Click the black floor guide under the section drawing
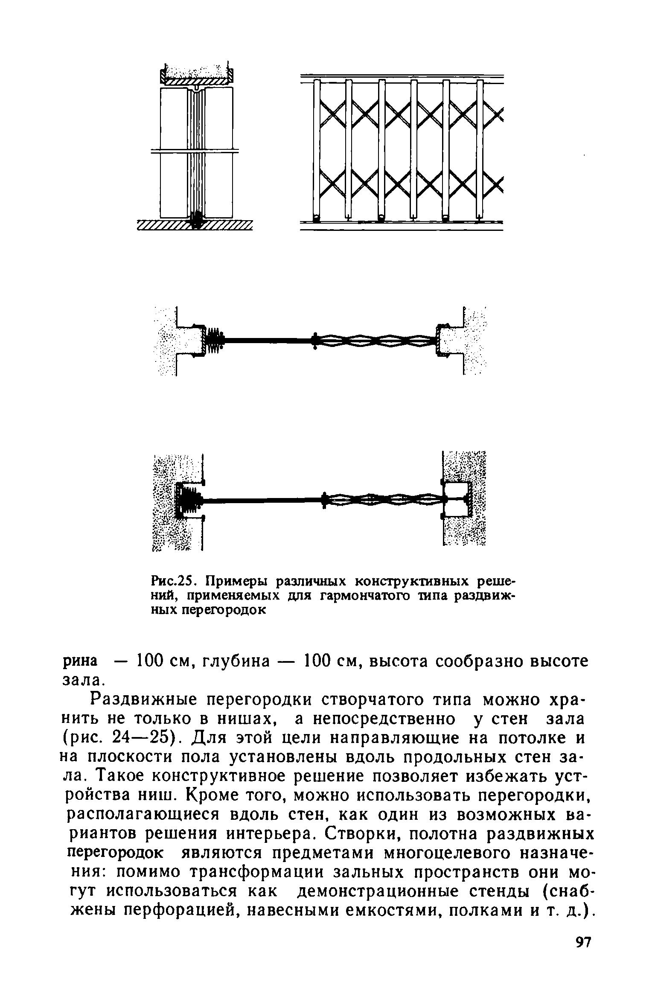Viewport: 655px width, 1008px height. pyautogui.click(x=197, y=221)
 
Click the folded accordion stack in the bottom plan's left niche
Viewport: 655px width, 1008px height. pyautogui.click(x=190, y=500)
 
